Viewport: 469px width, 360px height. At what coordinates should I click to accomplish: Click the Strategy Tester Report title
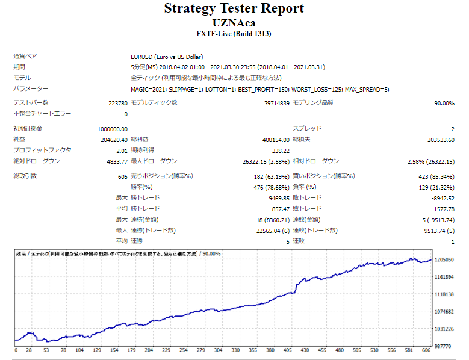click(234, 8)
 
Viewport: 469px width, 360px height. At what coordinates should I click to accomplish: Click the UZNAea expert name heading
click(234, 22)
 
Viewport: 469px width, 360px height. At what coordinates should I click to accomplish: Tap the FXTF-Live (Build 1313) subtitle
click(234, 34)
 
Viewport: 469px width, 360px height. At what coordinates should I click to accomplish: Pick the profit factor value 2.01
click(121, 150)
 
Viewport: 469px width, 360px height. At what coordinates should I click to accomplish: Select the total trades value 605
click(122, 176)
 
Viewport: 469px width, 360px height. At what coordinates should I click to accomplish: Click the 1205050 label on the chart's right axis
click(444, 259)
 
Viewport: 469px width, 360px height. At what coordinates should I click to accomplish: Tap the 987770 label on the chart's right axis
click(444, 347)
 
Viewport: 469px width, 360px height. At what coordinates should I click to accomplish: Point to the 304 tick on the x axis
click(218, 350)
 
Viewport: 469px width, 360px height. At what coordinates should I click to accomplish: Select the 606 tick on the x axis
click(426, 350)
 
